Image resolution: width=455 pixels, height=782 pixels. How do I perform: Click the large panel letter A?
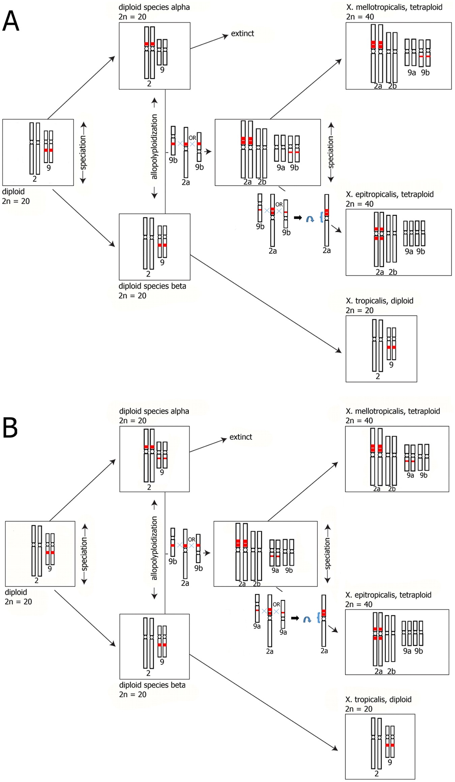pyautogui.click(x=10, y=21)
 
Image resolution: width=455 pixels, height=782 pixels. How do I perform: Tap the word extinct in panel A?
pyautogui.click(x=242, y=33)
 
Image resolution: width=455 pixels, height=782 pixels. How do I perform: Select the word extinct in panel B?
pyautogui.click(x=241, y=437)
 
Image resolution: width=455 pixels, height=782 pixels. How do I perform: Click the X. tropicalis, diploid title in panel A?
pyautogui.click(x=380, y=301)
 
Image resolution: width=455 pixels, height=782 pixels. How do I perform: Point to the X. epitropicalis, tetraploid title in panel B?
pyautogui.click(x=388, y=595)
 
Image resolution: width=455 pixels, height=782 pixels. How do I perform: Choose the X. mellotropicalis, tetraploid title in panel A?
pyautogui.click(x=394, y=7)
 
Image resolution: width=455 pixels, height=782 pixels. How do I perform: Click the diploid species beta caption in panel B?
pyautogui.click(x=152, y=685)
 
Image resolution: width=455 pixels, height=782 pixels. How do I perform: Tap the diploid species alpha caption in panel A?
pyautogui.click(x=154, y=7)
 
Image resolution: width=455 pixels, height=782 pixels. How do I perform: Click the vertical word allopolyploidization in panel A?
pyautogui.click(x=154, y=147)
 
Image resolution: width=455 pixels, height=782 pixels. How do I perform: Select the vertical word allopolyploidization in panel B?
pyautogui.click(x=154, y=548)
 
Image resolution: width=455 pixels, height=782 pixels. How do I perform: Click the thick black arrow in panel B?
pyautogui.click(x=295, y=618)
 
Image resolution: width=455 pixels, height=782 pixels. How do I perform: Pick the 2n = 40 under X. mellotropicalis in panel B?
pyautogui.click(x=359, y=420)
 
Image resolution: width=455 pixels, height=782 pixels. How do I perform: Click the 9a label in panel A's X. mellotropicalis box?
pyautogui.click(x=412, y=72)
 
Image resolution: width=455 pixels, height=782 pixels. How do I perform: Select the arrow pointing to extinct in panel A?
pyautogui.click(x=209, y=42)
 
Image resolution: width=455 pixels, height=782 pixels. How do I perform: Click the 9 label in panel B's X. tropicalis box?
pyautogui.click(x=390, y=762)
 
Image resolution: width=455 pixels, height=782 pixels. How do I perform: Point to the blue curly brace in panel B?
pyautogui.click(x=318, y=618)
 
